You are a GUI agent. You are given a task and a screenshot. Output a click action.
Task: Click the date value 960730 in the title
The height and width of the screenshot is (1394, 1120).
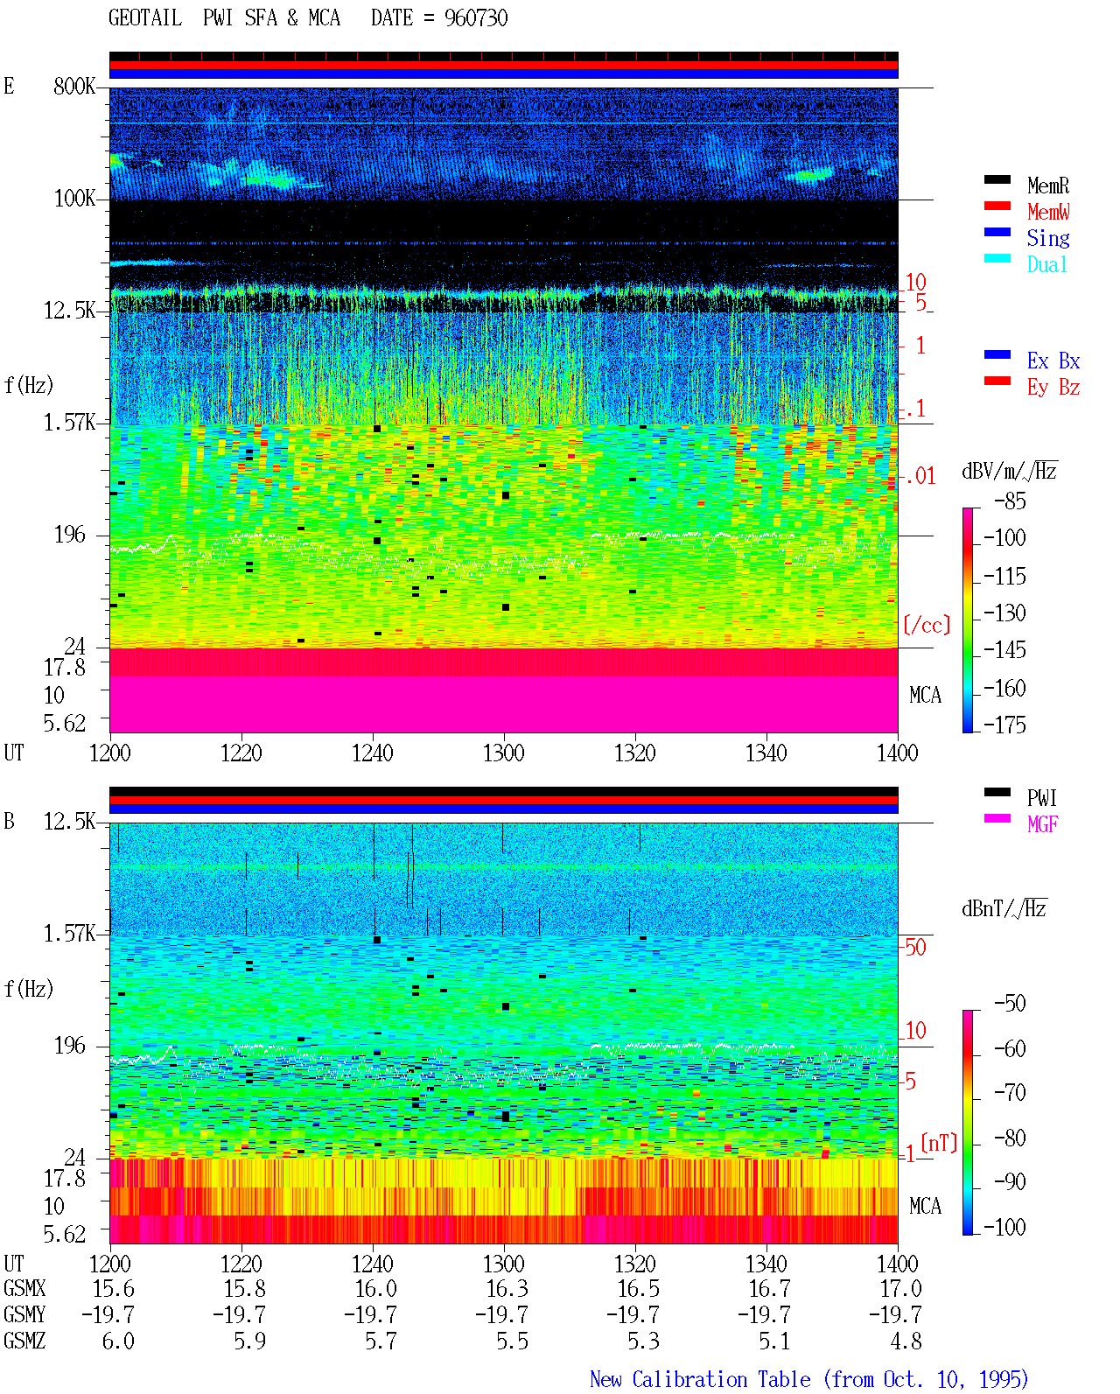(476, 18)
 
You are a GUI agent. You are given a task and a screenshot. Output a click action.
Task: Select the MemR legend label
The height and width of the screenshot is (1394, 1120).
(1047, 186)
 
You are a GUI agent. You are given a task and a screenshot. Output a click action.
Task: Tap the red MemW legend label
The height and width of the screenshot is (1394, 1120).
(1048, 212)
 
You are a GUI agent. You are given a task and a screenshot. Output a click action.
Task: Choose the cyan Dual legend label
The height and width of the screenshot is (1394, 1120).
(1046, 264)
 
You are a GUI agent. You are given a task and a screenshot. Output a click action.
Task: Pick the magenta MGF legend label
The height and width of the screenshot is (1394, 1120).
(1042, 824)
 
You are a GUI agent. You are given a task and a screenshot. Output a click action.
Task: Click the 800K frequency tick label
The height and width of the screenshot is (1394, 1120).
(74, 86)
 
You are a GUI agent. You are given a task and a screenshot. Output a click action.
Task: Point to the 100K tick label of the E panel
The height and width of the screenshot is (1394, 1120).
(74, 199)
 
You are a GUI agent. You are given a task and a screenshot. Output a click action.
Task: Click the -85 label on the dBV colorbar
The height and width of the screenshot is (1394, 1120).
(1010, 501)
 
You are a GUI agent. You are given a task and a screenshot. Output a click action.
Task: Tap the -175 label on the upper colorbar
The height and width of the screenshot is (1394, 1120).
(1004, 725)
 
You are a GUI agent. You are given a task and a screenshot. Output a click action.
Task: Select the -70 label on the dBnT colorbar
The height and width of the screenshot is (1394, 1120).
(1010, 1093)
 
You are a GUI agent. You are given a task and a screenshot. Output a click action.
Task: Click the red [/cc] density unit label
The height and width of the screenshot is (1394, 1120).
(927, 625)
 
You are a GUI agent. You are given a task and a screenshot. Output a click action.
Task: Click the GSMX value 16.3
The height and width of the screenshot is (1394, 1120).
(507, 1289)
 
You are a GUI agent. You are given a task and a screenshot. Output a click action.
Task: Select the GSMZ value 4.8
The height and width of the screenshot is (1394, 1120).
(906, 1341)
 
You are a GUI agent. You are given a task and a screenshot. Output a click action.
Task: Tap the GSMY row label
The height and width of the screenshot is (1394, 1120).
(24, 1315)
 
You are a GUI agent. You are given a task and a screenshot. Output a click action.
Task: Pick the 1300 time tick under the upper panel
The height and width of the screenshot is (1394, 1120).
(503, 753)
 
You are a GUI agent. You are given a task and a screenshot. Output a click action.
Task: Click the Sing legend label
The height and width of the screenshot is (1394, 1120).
(1048, 238)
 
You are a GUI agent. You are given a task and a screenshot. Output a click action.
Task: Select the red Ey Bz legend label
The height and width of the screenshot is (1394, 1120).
(1053, 388)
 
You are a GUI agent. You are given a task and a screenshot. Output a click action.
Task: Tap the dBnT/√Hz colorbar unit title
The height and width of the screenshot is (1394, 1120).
(1004, 909)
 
